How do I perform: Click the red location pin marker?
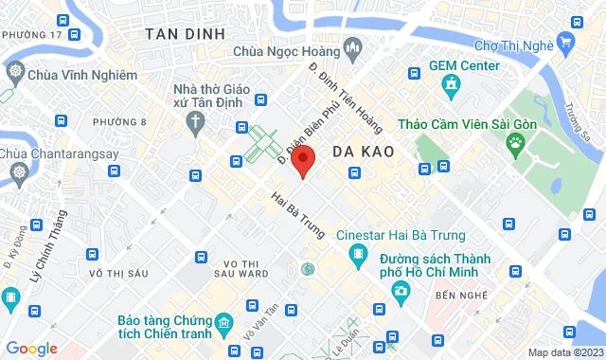coord(302,160)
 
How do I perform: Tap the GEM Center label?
coord(464,66)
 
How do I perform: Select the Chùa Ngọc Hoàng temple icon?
coord(352,46)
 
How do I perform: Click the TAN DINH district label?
coord(185,33)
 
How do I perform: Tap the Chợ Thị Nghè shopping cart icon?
coord(565,42)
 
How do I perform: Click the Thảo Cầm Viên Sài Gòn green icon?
coord(515,145)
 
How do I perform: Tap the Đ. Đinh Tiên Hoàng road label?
coord(337,94)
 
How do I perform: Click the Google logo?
coord(31,349)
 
